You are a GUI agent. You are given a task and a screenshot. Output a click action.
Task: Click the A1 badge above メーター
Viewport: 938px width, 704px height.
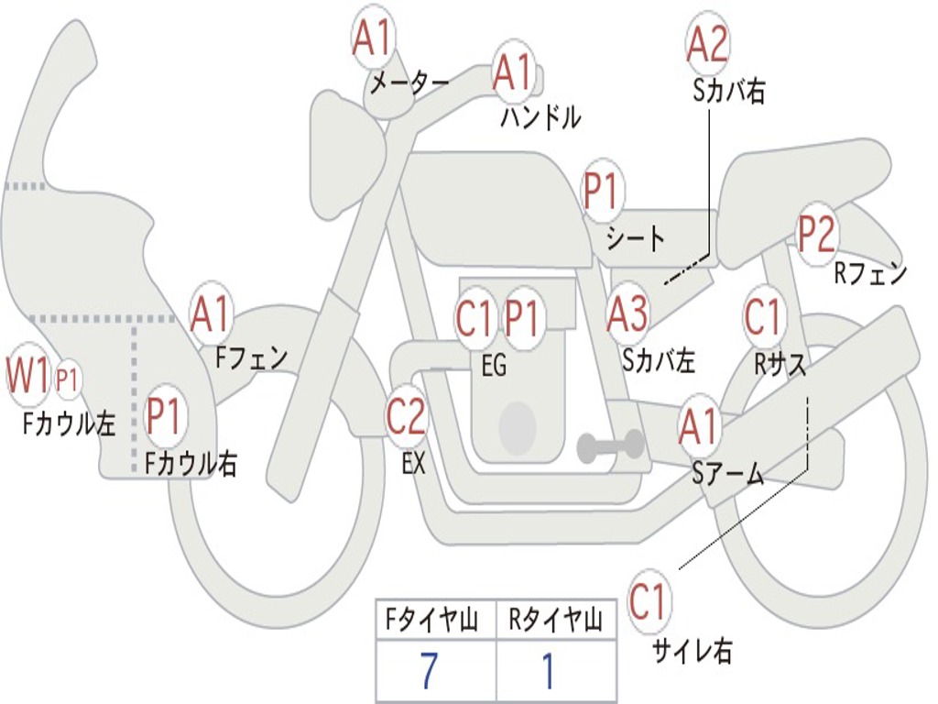(373, 39)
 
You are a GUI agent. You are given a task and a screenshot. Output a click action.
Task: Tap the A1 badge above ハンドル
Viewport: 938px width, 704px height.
(512, 71)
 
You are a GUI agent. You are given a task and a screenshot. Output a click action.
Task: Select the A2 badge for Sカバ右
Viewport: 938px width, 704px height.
(707, 44)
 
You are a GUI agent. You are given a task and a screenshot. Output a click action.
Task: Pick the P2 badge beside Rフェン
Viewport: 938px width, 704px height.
(817, 235)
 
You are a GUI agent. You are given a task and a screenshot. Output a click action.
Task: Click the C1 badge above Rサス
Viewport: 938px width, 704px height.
(763, 317)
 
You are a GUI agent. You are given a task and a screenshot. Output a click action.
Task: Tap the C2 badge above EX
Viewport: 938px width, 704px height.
(406, 417)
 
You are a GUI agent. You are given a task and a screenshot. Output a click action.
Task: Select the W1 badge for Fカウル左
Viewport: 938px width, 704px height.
(27, 377)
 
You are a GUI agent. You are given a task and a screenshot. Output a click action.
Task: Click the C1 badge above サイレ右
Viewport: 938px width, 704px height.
(649, 602)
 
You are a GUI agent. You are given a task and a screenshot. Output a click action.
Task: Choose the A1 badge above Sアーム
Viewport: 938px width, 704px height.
(700, 427)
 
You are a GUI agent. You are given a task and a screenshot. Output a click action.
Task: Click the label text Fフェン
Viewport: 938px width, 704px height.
(252, 357)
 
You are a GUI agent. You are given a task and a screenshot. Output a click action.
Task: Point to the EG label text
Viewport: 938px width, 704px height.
(494, 366)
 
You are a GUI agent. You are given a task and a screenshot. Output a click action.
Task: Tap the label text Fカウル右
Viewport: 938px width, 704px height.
(191, 464)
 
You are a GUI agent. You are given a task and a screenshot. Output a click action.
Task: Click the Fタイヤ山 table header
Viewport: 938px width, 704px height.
(435, 621)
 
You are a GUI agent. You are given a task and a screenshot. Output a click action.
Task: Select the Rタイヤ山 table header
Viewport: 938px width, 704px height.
(555, 621)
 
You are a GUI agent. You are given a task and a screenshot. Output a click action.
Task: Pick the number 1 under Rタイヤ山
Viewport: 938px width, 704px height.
(549, 672)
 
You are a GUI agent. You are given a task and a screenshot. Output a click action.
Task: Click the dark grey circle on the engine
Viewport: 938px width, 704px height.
(518, 427)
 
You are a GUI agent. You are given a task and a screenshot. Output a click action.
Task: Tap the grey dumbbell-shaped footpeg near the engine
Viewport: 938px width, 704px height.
(611, 446)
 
